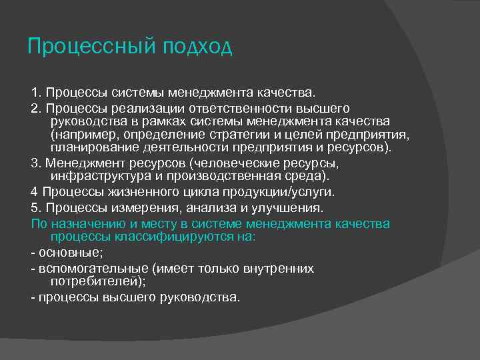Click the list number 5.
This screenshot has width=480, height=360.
pyautogui.click(x=36, y=208)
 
